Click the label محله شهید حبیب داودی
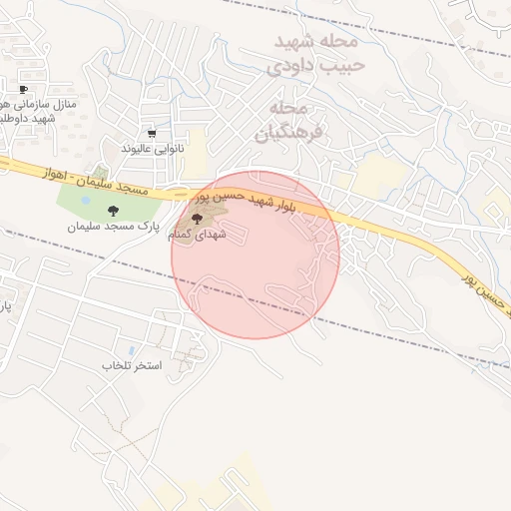[x=317, y=54]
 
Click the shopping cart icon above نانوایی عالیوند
[x=152, y=133]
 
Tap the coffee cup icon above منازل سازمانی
[x=23, y=90]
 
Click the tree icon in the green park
[x=112, y=210]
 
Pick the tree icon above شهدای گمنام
[x=196, y=218]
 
